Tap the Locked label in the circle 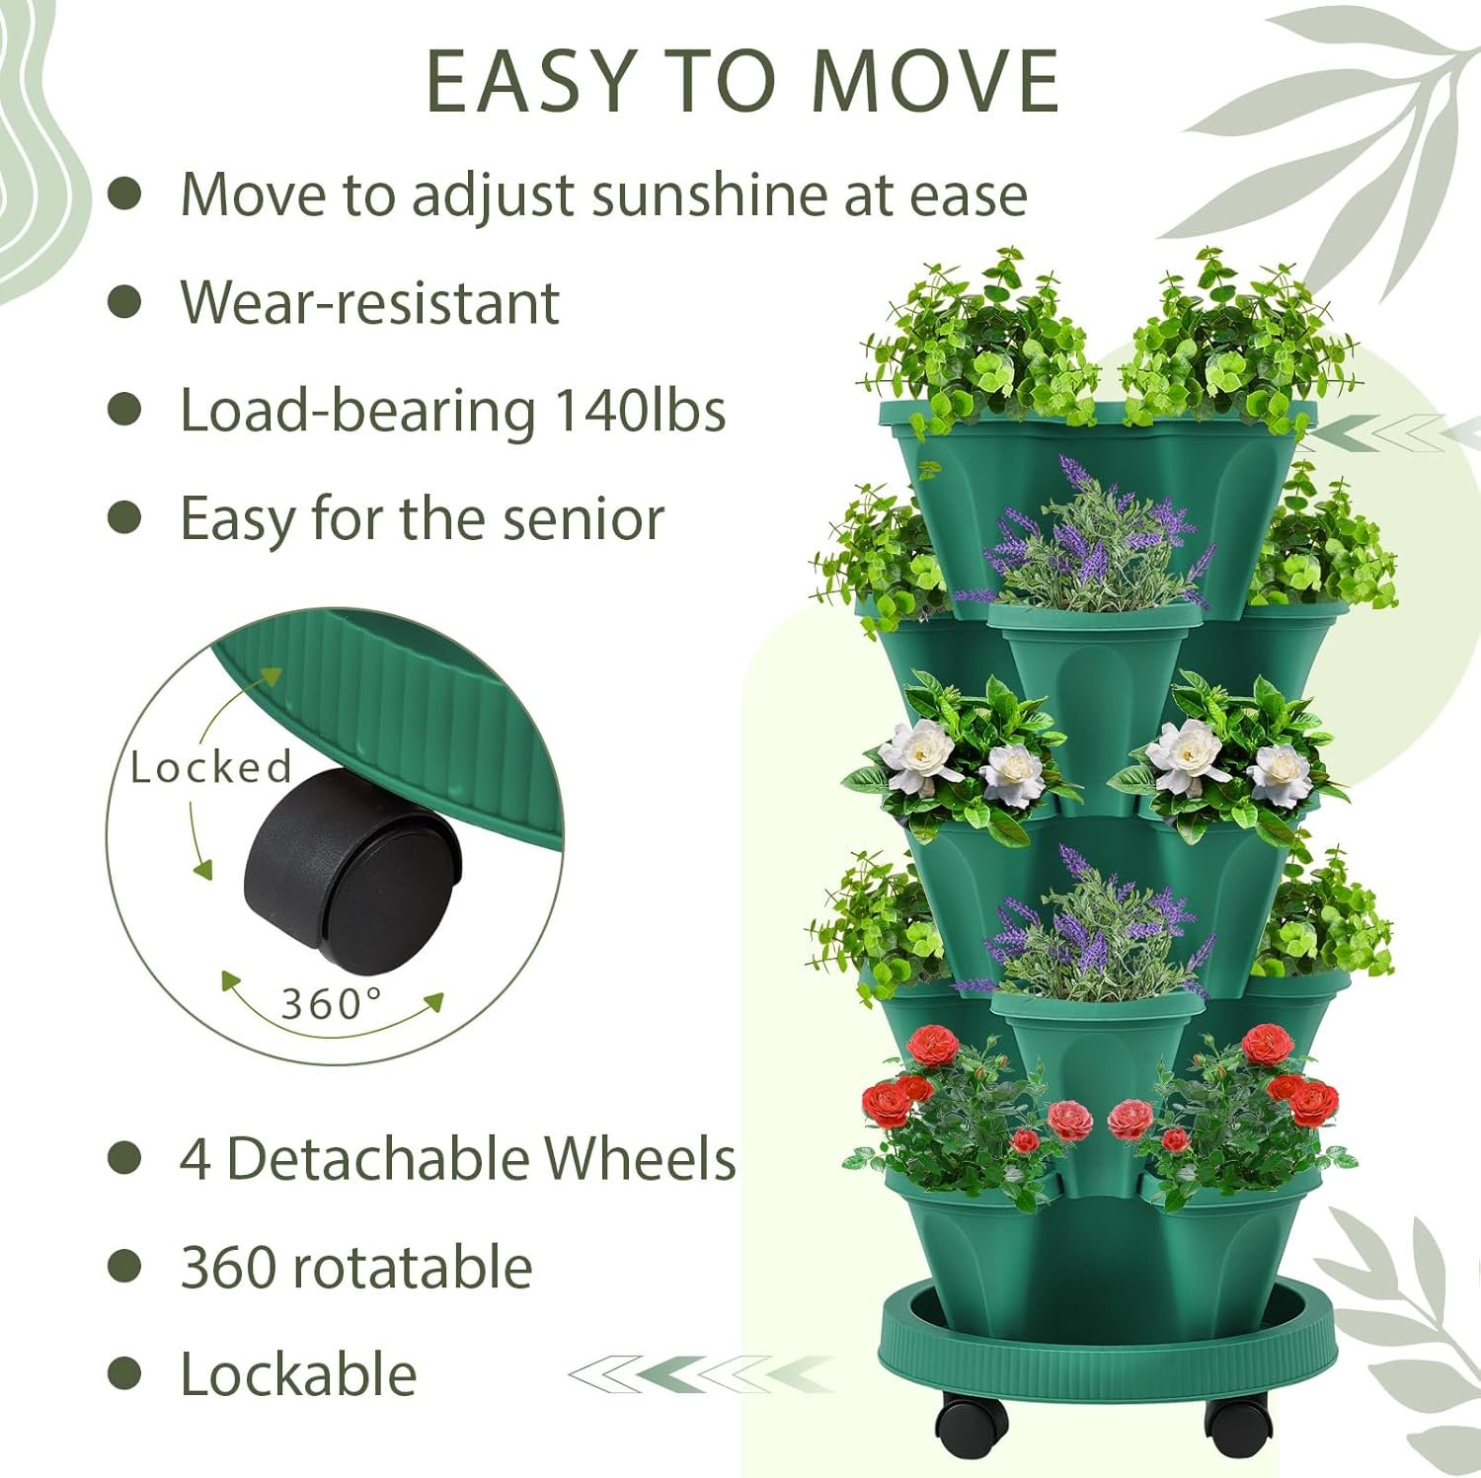pos(211,767)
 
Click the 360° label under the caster pos(332,1004)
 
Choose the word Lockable pos(298,1373)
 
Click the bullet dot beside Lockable pos(124,1373)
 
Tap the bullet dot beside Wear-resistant pos(124,302)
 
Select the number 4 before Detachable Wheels pos(195,1158)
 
